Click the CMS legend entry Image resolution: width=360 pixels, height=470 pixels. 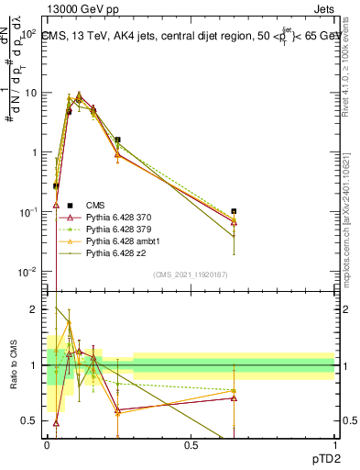point(95,205)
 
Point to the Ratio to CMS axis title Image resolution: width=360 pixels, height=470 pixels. point(14,366)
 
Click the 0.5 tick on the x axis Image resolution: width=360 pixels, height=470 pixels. point(191,444)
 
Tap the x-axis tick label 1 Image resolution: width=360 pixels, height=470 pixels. point(334,444)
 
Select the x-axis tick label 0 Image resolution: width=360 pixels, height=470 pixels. point(48,444)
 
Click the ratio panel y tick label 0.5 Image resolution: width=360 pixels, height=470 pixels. point(31,421)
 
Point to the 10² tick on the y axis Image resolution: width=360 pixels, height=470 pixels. point(30,34)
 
